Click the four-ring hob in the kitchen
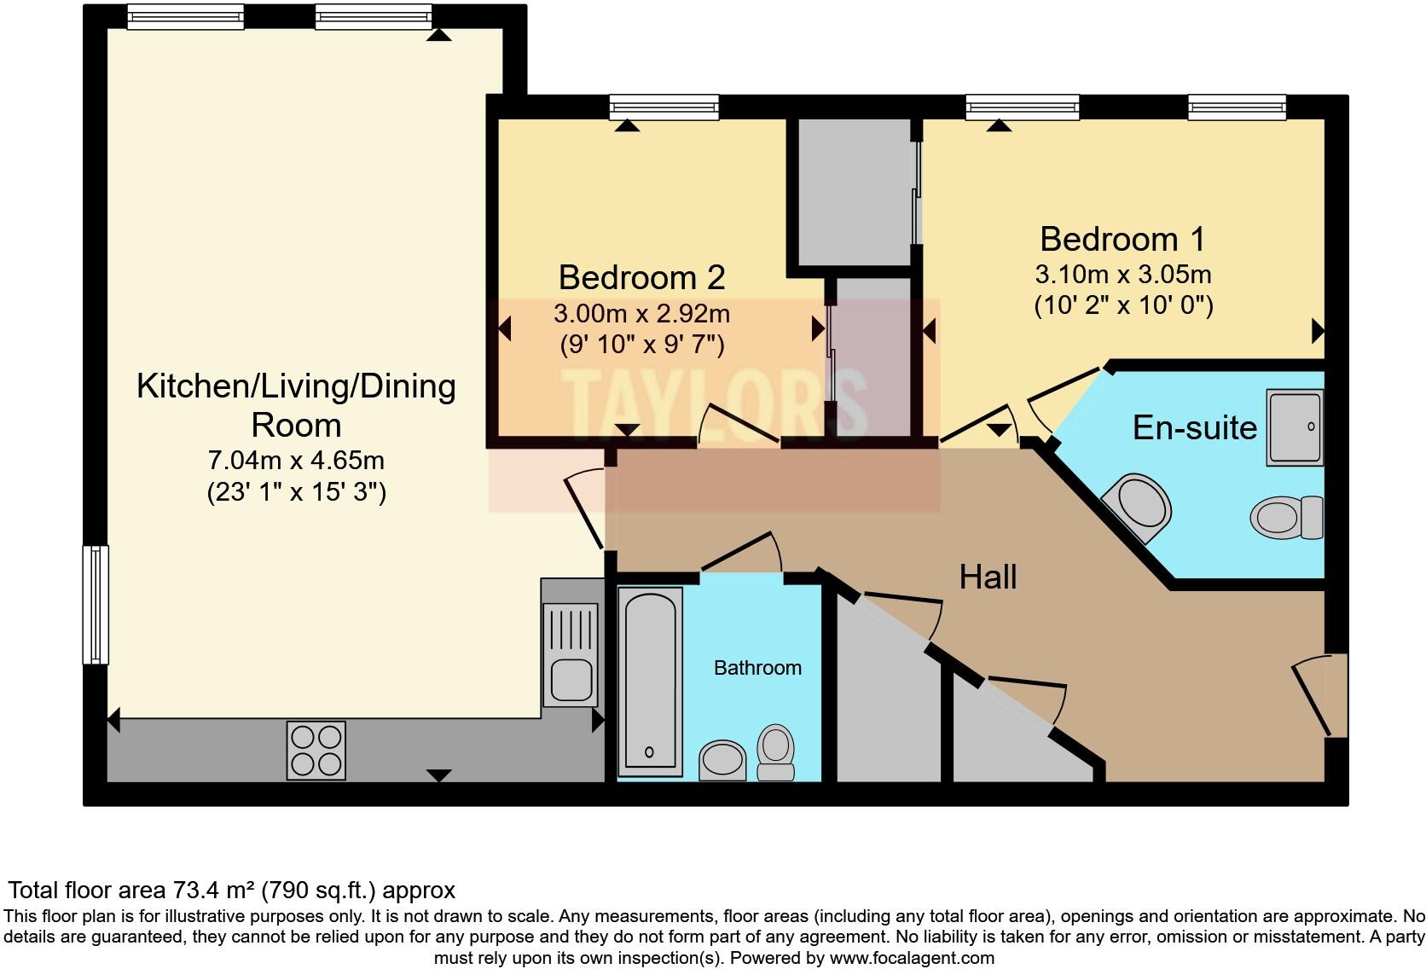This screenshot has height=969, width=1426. pos(316,750)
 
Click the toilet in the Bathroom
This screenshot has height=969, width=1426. pos(775,753)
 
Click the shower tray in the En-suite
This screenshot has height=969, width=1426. pos(1295,427)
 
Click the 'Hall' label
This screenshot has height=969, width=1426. pos(988,577)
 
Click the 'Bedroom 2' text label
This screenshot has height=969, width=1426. pos(641,278)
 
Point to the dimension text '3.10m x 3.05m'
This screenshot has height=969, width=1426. pos(1123,275)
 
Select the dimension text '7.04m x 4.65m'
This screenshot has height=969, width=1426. pos(296,461)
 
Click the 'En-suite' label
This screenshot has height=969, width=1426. pos(1194,427)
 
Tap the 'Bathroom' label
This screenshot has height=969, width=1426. pos(757,668)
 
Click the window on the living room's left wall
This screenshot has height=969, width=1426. pos(96,604)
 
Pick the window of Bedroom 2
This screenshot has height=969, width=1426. pos(664,107)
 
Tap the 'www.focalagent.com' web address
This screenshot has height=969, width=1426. pos(911,958)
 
